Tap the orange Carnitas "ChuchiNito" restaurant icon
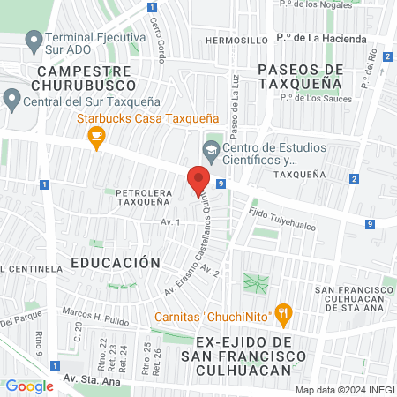(282, 311)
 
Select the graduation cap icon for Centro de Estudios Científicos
(212, 148)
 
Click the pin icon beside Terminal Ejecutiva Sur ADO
(34, 40)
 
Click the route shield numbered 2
(354, 179)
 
